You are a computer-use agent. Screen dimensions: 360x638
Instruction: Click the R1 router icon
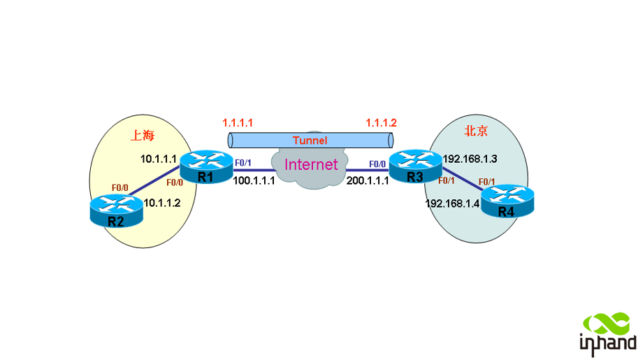point(205,165)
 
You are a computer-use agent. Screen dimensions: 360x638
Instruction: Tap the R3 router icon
point(415,166)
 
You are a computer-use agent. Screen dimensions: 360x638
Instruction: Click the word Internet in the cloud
point(311,166)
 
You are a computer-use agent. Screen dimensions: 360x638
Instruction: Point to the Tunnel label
point(310,141)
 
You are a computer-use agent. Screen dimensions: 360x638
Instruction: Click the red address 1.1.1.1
point(238,122)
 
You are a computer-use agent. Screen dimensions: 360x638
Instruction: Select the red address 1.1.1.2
point(382,122)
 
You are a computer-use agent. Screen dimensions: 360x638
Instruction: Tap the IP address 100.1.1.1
point(254,180)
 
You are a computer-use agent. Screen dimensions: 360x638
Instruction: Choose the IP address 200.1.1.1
point(368,180)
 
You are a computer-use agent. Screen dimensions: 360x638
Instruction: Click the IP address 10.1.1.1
point(159,159)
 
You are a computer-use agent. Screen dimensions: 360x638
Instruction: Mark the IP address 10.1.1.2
point(162,203)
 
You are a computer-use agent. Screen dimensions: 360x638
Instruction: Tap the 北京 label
point(477,131)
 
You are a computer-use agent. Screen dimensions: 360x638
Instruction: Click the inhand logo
point(608,332)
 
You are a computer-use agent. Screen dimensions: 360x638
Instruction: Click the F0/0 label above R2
point(120,187)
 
